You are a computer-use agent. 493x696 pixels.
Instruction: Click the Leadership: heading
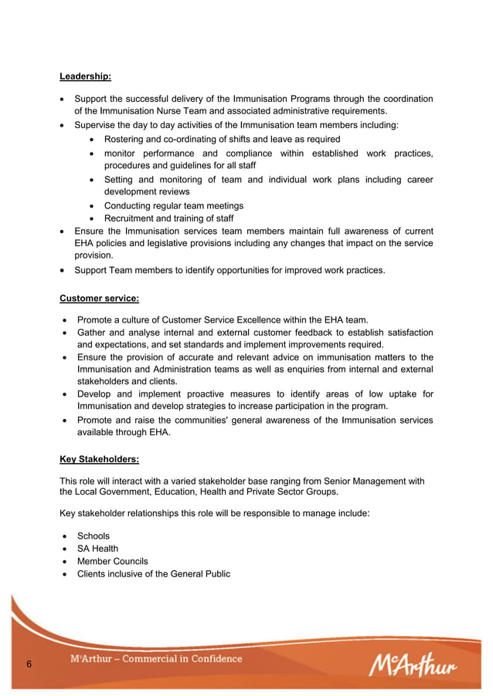pos(85,76)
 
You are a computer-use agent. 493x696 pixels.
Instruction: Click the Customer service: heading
pos(99,298)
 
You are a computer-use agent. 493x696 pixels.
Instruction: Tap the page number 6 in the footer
pos(29,664)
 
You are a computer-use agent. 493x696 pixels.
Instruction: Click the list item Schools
pos(93,536)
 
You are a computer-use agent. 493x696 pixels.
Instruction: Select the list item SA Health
pos(97,549)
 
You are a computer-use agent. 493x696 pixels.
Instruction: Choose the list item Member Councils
pos(112,561)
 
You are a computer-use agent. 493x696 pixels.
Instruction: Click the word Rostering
pos(127,140)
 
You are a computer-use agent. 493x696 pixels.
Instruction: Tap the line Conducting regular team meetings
pos(174,206)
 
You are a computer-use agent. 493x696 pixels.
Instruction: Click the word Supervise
pos(97,125)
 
